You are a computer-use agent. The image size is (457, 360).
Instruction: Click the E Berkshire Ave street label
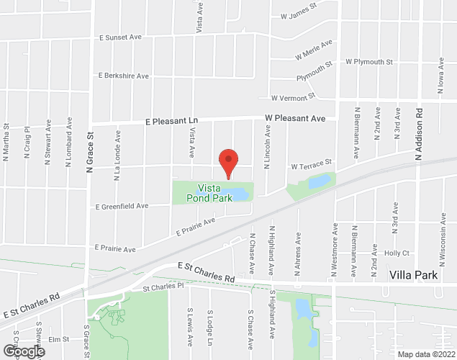123,75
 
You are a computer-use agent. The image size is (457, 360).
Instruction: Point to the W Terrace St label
311,165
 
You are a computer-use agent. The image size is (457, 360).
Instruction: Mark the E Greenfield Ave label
122,206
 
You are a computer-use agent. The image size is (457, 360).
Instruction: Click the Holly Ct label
397,253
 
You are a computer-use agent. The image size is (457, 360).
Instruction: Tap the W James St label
299,13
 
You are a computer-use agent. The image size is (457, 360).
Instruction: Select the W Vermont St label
293,96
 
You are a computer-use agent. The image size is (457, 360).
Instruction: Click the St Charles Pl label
163,287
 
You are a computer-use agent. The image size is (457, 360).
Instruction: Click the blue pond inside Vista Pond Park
238,193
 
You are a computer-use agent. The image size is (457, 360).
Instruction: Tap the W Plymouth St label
368,62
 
